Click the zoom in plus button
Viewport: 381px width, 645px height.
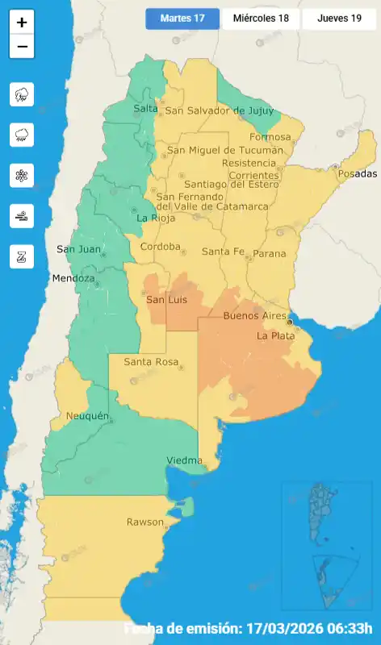(x=22, y=23)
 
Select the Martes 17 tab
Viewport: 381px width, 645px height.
(x=182, y=19)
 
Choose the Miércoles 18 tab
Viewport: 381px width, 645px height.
(x=261, y=19)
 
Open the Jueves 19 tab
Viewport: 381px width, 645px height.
(x=339, y=19)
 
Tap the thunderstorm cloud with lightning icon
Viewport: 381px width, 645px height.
(x=22, y=94)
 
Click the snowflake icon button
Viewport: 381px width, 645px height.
(x=22, y=175)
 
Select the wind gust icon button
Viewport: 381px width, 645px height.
(x=22, y=215)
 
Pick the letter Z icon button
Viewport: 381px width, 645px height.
(x=22, y=256)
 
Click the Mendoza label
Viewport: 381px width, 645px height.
(x=73, y=279)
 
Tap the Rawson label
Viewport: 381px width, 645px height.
(x=144, y=522)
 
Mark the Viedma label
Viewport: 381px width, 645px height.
(x=184, y=460)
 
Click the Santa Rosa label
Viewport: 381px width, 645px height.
(x=150, y=362)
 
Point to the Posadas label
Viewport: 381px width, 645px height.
(x=357, y=174)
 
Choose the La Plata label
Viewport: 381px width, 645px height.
(x=274, y=335)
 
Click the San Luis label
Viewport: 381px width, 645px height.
(x=166, y=300)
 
